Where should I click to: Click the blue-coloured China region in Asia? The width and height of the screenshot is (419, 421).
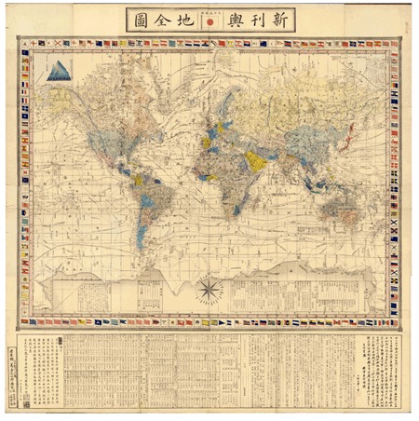(307, 140)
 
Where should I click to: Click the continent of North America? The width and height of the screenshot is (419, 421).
(107, 126)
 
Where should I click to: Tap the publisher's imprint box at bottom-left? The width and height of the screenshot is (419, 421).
(22, 368)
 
